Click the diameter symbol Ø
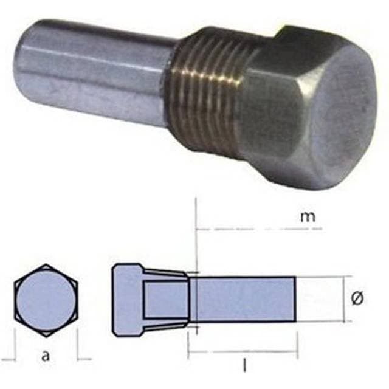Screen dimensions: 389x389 [358, 298]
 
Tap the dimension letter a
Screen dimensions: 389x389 [45, 357]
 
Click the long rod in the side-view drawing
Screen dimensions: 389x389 [243, 299]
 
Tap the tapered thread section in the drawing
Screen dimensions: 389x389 [165, 299]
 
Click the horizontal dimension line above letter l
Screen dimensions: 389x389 [243, 351]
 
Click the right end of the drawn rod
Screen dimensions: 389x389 [295, 299]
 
